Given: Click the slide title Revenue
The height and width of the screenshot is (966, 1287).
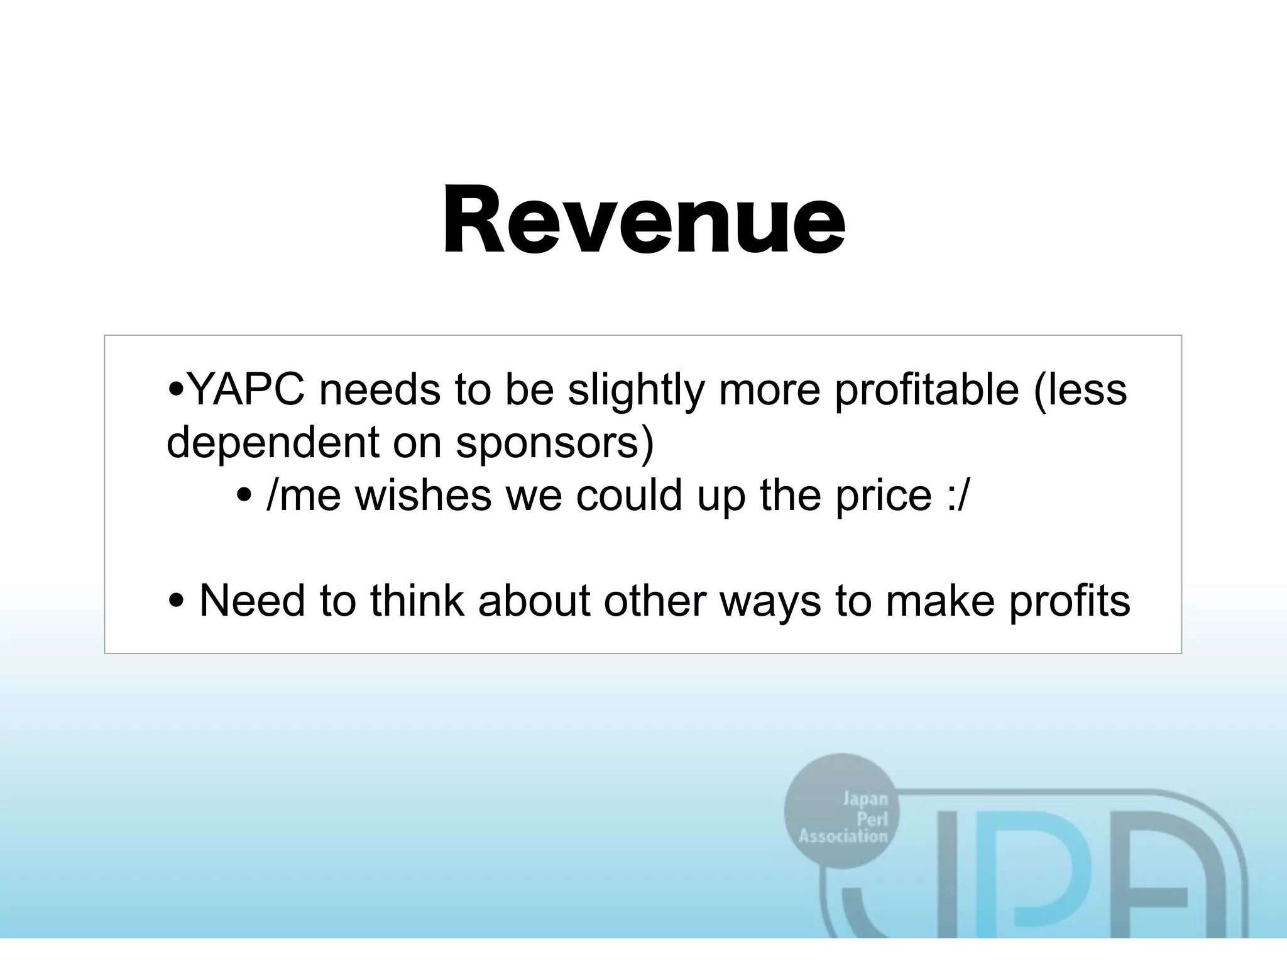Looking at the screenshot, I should (644, 220).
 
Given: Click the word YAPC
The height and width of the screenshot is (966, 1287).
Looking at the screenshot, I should (246, 390).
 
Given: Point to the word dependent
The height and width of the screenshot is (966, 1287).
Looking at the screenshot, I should (273, 442).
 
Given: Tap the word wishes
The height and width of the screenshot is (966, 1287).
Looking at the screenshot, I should (424, 496).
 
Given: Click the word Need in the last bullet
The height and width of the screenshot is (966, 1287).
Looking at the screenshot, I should (252, 601).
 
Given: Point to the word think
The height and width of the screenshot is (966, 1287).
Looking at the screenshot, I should (417, 601).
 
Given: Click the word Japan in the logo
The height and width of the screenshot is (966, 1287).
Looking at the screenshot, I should (865, 799).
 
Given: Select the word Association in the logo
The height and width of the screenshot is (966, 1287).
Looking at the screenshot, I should (843, 836).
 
